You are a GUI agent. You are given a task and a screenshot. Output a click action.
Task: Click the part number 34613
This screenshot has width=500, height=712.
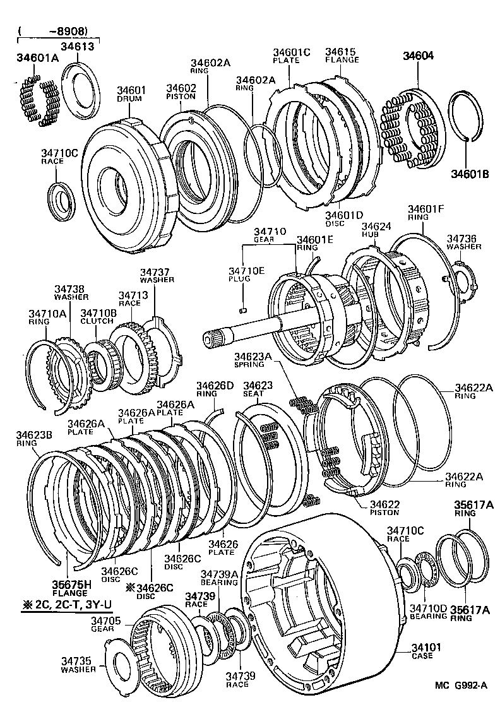(77, 45)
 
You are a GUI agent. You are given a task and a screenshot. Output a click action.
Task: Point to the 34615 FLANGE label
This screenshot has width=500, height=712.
(342, 56)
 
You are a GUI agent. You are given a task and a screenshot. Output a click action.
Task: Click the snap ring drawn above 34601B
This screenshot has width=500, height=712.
(468, 117)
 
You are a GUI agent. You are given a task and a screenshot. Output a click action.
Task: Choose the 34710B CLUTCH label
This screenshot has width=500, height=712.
(97, 316)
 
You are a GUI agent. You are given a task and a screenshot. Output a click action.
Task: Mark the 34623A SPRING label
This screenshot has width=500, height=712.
(253, 360)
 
